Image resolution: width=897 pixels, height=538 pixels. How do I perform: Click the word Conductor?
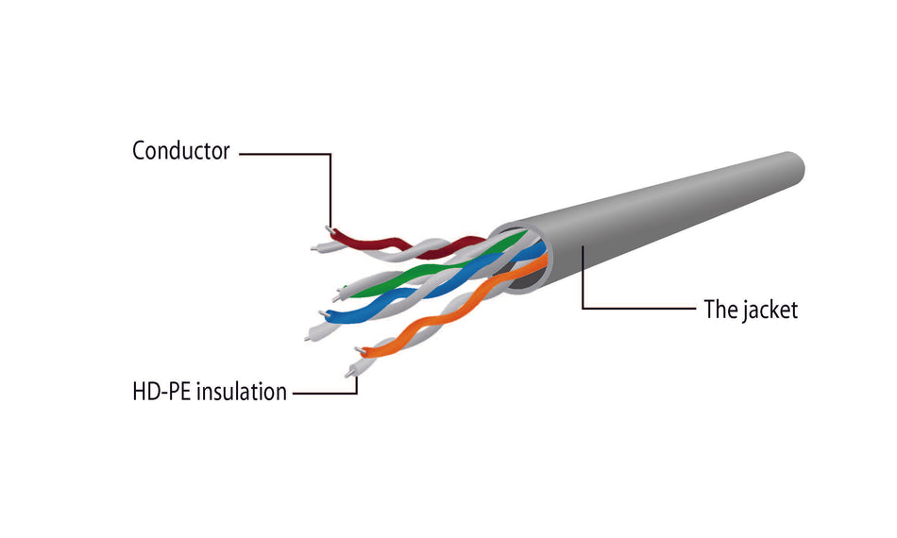tap(180, 150)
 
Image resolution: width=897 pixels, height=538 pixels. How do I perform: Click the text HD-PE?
tap(161, 392)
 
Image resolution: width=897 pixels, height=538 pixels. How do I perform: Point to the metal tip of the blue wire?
tap(324, 312)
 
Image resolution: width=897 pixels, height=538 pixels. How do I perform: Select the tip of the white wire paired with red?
tap(313, 248)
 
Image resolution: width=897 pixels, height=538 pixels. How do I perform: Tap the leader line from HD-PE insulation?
tap(326, 392)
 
